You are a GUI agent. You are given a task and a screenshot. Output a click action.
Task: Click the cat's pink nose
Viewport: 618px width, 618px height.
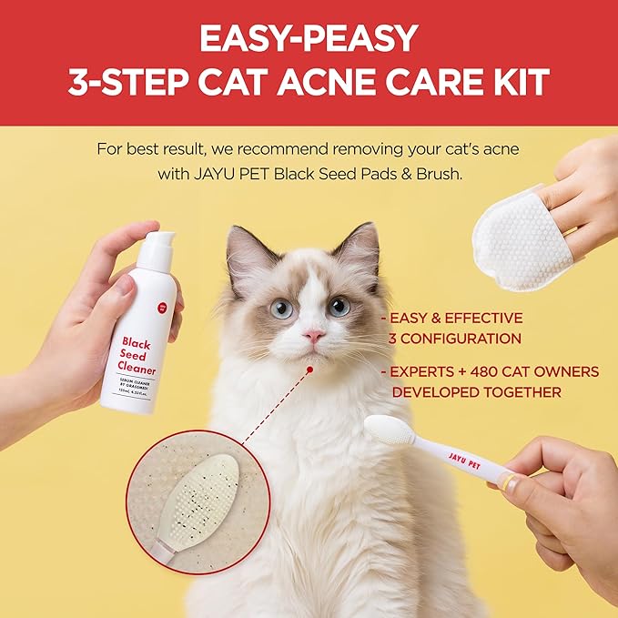pyautogui.click(x=313, y=336)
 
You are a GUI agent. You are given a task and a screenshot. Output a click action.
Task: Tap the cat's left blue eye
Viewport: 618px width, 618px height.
pyautogui.click(x=282, y=309)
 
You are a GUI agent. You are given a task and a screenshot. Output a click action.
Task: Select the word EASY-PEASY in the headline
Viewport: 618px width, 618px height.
pyautogui.click(x=309, y=38)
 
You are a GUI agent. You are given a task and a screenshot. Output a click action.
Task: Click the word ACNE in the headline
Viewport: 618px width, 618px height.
pyautogui.click(x=342, y=82)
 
